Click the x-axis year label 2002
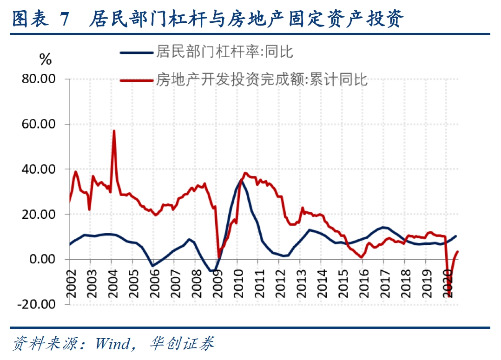coord(71,281)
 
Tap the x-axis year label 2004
coord(112,281)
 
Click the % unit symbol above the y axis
coord(46,59)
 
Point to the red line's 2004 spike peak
coord(114,131)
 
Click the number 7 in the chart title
coord(65,20)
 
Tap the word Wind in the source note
coord(113,344)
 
